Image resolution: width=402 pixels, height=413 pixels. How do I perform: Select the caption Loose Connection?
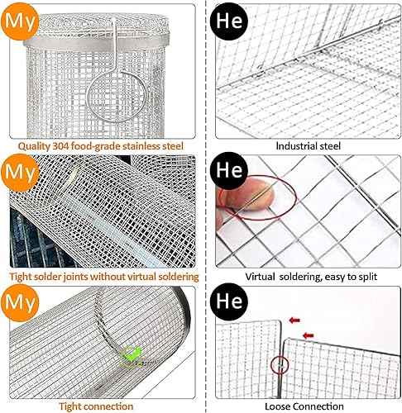click(x=304, y=406)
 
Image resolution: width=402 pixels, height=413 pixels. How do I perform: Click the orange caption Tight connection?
click(x=96, y=406)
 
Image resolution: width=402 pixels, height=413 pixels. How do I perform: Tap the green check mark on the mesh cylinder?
click(x=129, y=357)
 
